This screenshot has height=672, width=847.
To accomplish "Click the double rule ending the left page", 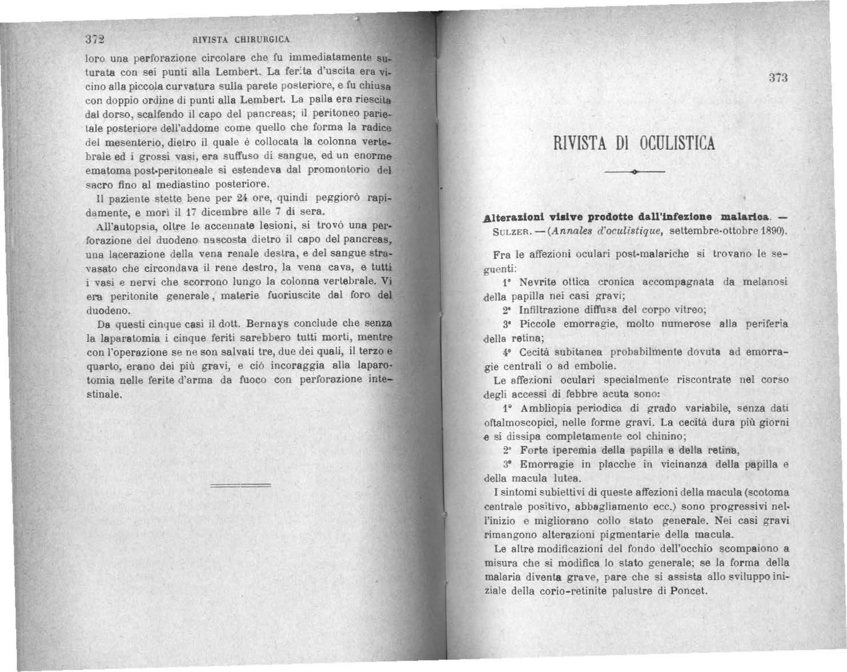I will tap(240, 486).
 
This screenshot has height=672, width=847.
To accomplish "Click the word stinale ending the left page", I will tap(103, 395).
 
